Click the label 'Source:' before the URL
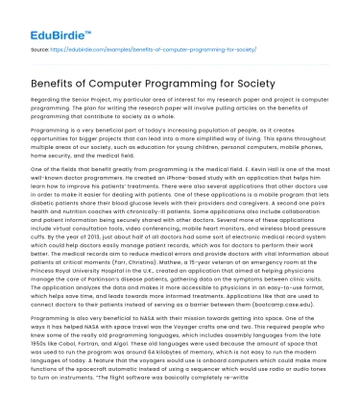38,44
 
